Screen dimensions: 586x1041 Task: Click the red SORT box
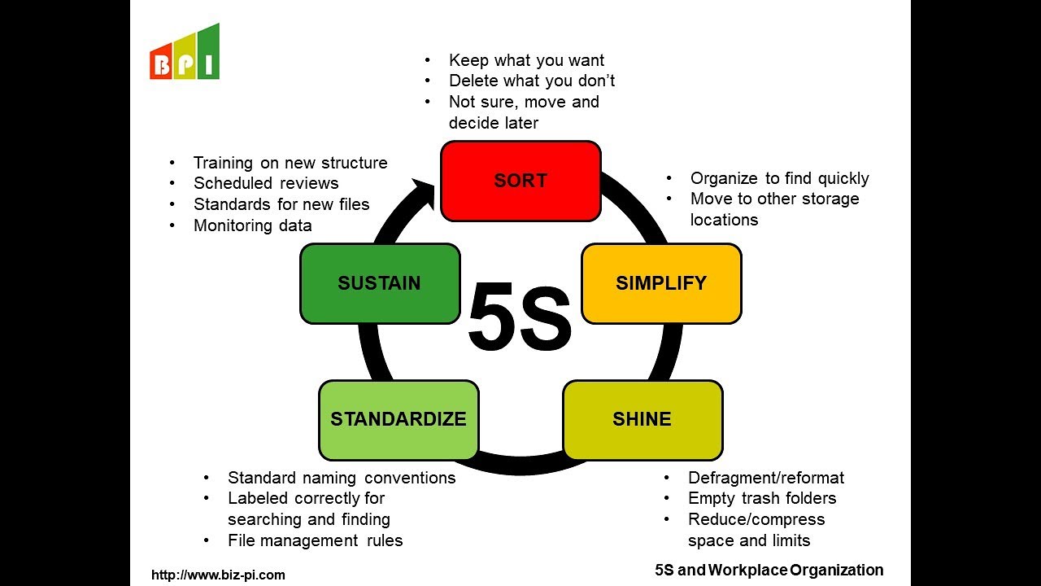click(x=520, y=181)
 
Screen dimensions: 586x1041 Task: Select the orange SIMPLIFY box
click(x=661, y=283)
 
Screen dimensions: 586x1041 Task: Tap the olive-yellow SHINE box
click(x=642, y=419)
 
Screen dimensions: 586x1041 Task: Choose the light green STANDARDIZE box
click(x=399, y=419)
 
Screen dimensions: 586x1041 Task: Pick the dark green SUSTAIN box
click(x=380, y=283)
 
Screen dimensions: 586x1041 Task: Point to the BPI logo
click(x=185, y=54)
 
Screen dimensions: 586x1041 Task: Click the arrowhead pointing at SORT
click(x=425, y=194)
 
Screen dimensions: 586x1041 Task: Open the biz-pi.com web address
click(x=219, y=575)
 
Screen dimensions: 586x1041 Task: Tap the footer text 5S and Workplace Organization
click(x=769, y=570)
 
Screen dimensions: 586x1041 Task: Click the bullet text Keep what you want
click(x=526, y=60)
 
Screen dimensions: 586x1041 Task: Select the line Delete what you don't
click(x=532, y=81)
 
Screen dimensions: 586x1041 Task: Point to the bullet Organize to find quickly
click(x=779, y=178)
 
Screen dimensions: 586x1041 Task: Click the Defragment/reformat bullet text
click(x=765, y=478)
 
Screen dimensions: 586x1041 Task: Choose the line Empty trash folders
click(x=762, y=498)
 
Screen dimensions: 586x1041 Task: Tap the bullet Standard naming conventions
click(x=342, y=478)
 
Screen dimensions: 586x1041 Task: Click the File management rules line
click(x=315, y=540)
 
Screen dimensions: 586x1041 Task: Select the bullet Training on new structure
click(x=290, y=163)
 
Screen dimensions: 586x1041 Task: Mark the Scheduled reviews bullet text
click(x=266, y=183)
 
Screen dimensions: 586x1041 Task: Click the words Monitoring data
click(x=252, y=225)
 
